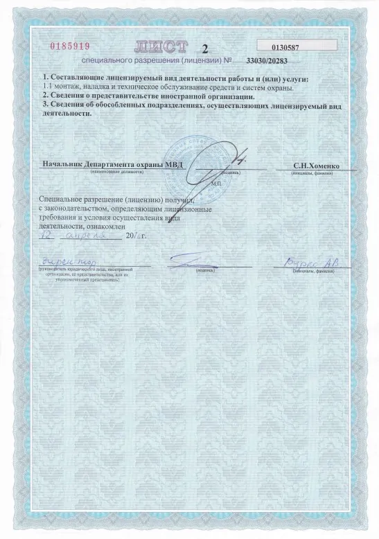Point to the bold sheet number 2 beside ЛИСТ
[204, 48]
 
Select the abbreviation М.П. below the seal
[215, 185]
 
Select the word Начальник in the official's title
[64, 165]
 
